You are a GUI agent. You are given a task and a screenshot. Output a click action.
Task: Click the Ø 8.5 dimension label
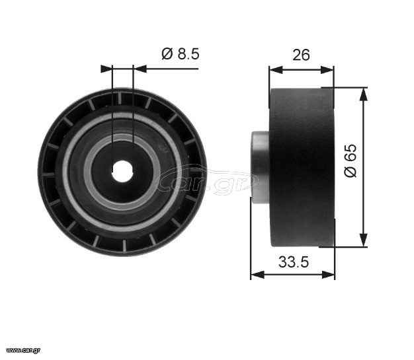181,54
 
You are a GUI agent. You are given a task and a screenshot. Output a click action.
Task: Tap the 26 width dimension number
301,55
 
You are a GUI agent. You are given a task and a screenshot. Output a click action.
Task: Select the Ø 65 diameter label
351,161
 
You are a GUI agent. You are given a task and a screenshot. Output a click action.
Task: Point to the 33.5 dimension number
294,262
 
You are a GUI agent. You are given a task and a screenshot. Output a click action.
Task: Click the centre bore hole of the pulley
122,171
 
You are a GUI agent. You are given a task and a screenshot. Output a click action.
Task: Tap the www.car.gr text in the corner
23,350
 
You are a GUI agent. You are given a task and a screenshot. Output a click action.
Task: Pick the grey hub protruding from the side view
260,167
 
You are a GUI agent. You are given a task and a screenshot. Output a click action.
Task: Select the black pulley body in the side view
302,168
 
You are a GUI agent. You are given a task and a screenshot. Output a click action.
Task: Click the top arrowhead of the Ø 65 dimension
364,94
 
